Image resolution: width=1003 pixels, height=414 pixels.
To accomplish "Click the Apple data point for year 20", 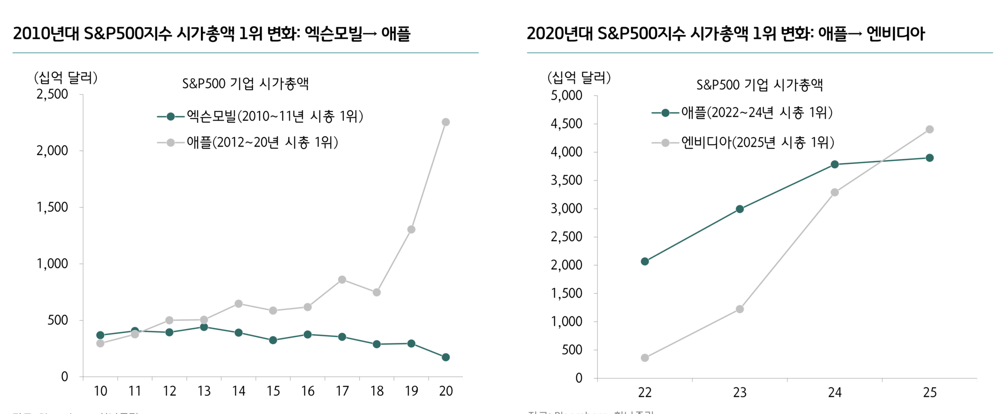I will [x=445, y=122].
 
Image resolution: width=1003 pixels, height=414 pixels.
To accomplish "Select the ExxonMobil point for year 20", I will [x=445, y=357].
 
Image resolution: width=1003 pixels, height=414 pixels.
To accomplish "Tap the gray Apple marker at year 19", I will [x=411, y=229].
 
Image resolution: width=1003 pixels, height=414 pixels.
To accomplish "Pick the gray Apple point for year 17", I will [x=342, y=280].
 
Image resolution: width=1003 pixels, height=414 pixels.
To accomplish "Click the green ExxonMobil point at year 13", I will [x=204, y=327].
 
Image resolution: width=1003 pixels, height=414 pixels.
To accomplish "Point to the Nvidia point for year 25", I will [x=929, y=129].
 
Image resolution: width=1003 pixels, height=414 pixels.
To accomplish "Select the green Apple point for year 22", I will [x=645, y=261].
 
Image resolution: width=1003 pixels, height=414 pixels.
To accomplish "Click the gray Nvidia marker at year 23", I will [x=740, y=309].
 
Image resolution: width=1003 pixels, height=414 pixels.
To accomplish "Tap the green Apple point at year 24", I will [x=835, y=164].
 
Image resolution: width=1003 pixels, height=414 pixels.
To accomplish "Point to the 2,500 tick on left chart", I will [x=52, y=94].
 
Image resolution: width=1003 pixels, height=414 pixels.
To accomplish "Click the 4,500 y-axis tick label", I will [x=566, y=124].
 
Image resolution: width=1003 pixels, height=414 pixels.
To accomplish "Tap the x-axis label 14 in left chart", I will [x=239, y=391].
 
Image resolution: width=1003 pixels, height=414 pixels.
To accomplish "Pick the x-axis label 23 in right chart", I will [x=740, y=392].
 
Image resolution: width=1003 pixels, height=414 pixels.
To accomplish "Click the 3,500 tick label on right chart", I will [x=566, y=180].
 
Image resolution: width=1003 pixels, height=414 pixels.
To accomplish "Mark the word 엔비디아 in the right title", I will [x=895, y=34].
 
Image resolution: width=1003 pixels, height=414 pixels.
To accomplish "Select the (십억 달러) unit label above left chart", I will [x=66, y=78].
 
